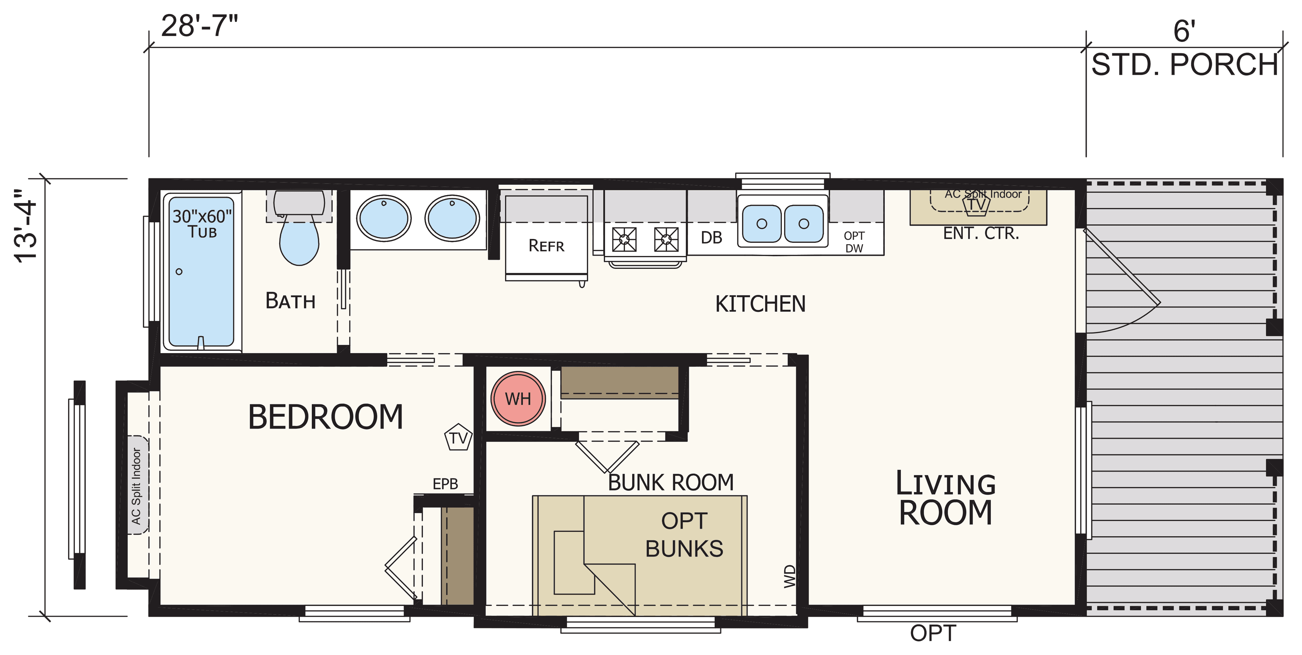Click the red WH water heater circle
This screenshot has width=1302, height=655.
pos(518,398)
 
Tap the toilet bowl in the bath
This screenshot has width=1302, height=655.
pos(299,241)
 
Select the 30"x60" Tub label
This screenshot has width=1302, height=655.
pos(202,224)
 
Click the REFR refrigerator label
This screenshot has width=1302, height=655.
pos(546,246)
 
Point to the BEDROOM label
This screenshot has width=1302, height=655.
pos(325,417)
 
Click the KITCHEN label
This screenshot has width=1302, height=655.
pos(760,304)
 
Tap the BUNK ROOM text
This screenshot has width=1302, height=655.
pos(671,483)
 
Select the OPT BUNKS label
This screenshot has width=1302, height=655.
pos(684,535)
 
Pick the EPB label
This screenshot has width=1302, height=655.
pos(445,484)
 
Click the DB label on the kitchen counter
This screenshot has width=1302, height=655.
pos(711,238)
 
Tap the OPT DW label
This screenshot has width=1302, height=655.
pos(854,242)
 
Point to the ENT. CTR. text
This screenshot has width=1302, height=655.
pos(981,233)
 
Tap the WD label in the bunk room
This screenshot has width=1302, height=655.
pos(789,576)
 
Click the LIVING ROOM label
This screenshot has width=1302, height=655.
pos(946,499)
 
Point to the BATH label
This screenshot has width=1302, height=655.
pos(291,301)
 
